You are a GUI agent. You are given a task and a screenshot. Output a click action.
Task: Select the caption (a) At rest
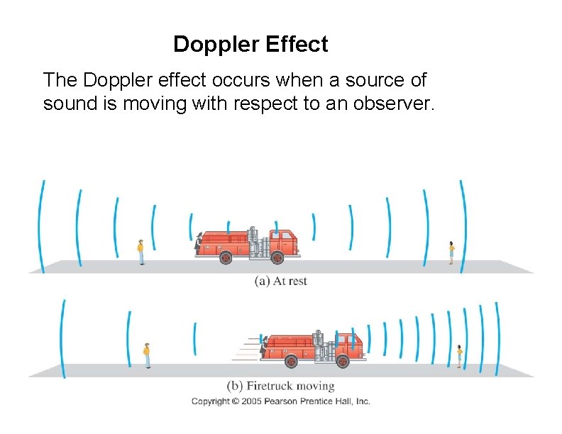[x=280, y=281]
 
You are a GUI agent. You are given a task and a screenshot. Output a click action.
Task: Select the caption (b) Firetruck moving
[x=280, y=386]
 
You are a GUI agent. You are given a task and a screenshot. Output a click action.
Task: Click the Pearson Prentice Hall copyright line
[x=280, y=401]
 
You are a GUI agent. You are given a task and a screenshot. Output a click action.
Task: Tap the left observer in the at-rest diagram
[x=141, y=252]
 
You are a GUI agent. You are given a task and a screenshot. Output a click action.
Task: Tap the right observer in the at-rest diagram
[x=451, y=252]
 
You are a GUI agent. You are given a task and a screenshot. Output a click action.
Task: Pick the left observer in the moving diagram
[x=147, y=355]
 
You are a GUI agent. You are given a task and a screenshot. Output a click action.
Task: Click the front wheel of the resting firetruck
[x=277, y=258]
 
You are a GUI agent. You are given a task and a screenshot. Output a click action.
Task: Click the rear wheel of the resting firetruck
[x=226, y=258]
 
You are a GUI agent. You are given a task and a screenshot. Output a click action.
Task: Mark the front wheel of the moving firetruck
[x=342, y=362]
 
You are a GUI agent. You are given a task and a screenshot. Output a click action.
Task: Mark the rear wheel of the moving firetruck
[x=291, y=362]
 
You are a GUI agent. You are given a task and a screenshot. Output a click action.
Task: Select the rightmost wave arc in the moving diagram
[x=497, y=330]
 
